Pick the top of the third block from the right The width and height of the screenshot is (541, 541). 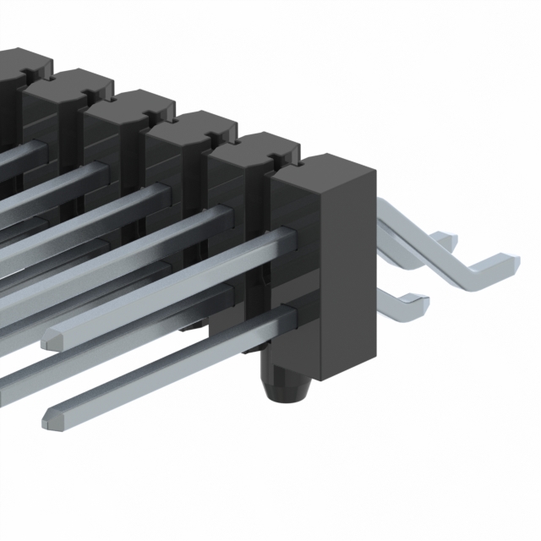tap(190, 125)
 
